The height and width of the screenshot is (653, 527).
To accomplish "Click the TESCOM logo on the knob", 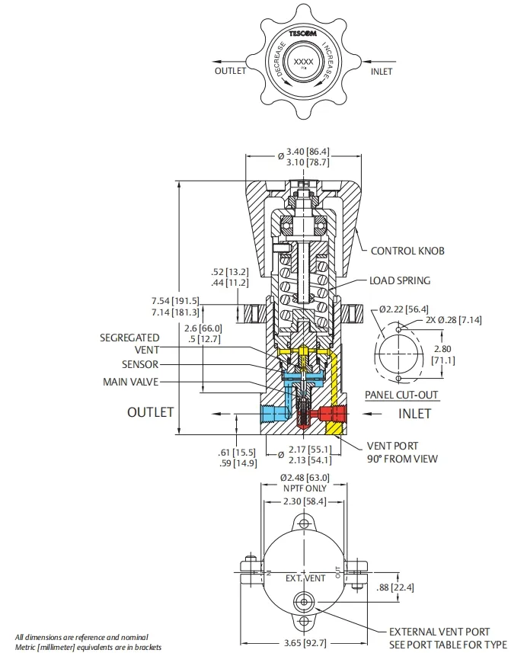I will click(x=302, y=34).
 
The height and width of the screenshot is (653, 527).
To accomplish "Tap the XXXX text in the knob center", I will click(x=303, y=62).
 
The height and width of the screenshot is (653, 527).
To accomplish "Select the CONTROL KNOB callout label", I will click(x=407, y=251).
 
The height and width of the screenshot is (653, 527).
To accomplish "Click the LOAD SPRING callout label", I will click(x=400, y=280).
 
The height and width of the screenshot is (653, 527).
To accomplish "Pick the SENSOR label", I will click(x=140, y=364).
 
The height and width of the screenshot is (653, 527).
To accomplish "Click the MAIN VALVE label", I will click(x=131, y=381).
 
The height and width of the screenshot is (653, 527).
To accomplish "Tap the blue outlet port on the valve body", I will click(x=271, y=414).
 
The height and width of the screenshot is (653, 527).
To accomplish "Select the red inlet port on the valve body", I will click(x=333, y=414).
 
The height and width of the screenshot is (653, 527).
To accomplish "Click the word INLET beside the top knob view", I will click(x=382, y=72).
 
